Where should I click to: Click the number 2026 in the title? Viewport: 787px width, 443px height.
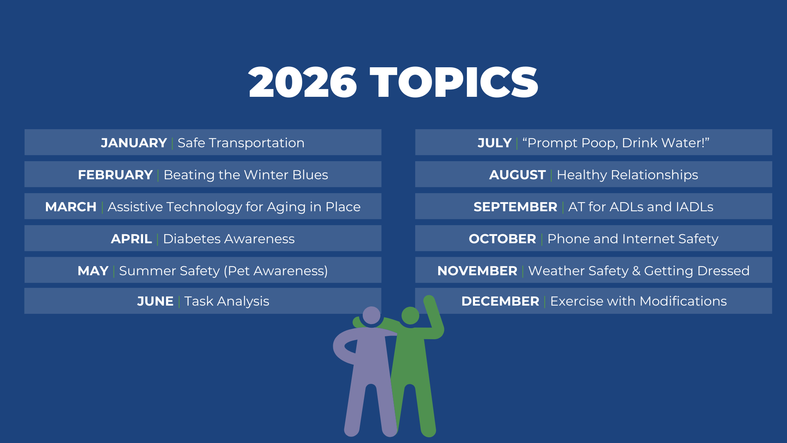[x=303, y=82]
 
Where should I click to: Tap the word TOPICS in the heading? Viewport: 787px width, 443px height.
[x=454, y=82]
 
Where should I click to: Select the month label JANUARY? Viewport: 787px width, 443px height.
[x=134, y=143]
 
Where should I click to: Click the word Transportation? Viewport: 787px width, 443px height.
[x=257, y=143]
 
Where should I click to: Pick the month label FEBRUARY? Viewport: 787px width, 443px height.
[x=115, y=175]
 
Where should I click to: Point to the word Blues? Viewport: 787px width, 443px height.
[x=310, y=175]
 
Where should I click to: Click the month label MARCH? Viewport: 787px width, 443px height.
[x=71, y=207]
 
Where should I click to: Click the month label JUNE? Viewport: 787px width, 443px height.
[x=155, y=301]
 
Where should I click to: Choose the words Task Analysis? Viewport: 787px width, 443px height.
[x=227, y=301]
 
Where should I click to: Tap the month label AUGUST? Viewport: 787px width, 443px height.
[x=517, y=175]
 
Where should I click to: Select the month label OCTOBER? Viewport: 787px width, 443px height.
[x=502, y=239]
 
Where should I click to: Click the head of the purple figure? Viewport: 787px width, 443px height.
[x=371, y=315]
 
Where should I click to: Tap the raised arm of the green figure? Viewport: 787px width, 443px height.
[x=434, y=316]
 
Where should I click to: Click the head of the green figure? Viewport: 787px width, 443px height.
[x=410, y=316]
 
